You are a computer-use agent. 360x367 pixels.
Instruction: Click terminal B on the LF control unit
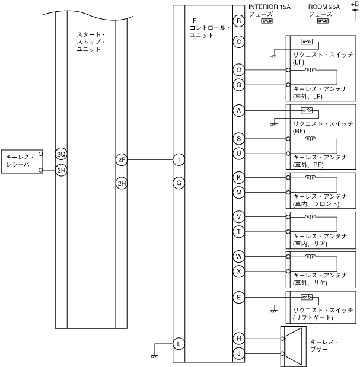(239, 21)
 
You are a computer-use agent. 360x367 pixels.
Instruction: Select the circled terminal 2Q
(61, 154)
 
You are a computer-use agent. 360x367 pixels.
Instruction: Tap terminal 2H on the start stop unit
(122, 183)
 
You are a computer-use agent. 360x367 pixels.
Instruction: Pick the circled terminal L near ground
(179, 344)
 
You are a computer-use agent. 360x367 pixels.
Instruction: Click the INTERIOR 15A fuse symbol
(267, 21)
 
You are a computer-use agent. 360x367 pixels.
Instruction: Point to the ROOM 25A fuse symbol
(323, 21)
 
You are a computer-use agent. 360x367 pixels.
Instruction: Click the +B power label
(355, 4)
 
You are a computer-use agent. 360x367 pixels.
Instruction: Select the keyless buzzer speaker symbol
(294, 346)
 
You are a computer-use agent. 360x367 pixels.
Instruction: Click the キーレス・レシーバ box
(22, 161)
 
